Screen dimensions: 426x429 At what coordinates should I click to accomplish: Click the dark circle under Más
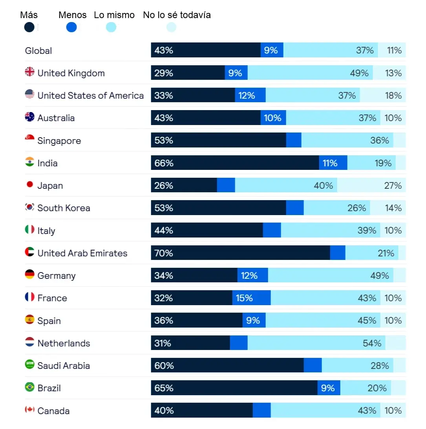coord(29,27)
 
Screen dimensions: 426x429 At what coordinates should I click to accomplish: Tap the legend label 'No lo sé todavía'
coord(177,15)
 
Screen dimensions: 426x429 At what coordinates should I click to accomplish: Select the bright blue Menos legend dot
coord(71,27)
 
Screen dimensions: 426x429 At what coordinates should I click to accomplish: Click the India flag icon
coord(29,162)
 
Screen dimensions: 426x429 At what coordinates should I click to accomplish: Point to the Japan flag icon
coord(30,184)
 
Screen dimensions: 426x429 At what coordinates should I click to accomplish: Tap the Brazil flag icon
coord(29,387)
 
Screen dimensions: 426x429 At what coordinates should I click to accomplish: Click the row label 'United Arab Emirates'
coord(82,253)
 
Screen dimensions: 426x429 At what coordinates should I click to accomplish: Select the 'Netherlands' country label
coord(64,343)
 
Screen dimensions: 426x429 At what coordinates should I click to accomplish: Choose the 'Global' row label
coord(38,51)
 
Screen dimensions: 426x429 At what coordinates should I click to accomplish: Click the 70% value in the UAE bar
coord(164,253)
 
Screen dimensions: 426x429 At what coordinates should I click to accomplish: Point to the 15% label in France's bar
coord(244,298)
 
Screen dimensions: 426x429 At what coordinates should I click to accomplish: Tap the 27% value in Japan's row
coord(393,186)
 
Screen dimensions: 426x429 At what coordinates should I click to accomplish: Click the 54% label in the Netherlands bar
coord(372,343)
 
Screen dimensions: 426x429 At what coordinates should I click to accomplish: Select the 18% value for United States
coord(393,96)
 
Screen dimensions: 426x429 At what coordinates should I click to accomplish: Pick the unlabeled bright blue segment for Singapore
coord(294,140)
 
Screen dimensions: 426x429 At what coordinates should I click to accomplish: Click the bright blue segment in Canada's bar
coord(262,410)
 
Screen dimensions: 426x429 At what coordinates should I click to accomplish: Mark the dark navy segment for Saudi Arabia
coord(227,365)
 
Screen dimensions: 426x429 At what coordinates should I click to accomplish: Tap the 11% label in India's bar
coord(330,163)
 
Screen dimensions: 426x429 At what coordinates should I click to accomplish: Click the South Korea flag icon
coord(29,207)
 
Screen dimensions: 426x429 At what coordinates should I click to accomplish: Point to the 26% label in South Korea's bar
coord(357,208)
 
